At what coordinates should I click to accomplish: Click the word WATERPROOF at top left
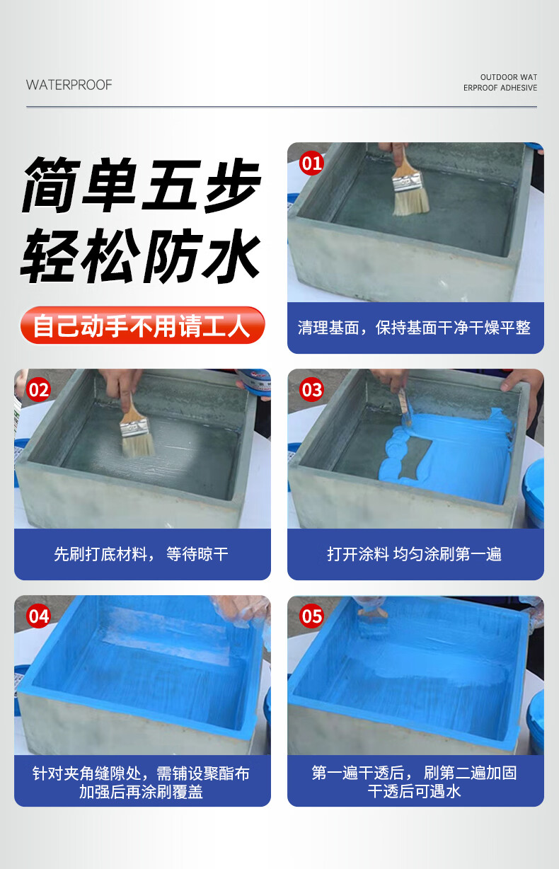[x=69, y=85]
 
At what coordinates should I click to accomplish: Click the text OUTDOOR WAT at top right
[x=509, y=77]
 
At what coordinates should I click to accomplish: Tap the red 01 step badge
[x=311, y=163]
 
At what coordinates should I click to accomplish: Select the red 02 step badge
[x=38, y=390]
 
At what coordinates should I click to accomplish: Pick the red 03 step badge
[x=311, y=390]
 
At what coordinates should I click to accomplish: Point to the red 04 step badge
[x=38, y=616]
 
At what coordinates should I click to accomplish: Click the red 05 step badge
[x=311, y=616]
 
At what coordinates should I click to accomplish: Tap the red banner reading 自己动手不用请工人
[x=142, y=326]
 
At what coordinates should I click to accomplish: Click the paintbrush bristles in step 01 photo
[x=411, y=202]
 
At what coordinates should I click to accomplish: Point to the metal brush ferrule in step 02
[x=134, y=426]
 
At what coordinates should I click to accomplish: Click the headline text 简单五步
[x=142, y=185]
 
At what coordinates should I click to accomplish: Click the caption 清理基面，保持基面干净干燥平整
[x=414, y=328]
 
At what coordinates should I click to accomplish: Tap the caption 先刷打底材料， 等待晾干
[x=142, y=554]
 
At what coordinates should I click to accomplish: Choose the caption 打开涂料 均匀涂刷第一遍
[x=414, y=554]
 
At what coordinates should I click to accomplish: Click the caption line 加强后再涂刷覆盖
[x=142, y=791]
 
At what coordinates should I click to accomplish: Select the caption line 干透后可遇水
[x=414, y=791]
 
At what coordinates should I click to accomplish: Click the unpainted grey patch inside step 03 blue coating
[x=415, y=458]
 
